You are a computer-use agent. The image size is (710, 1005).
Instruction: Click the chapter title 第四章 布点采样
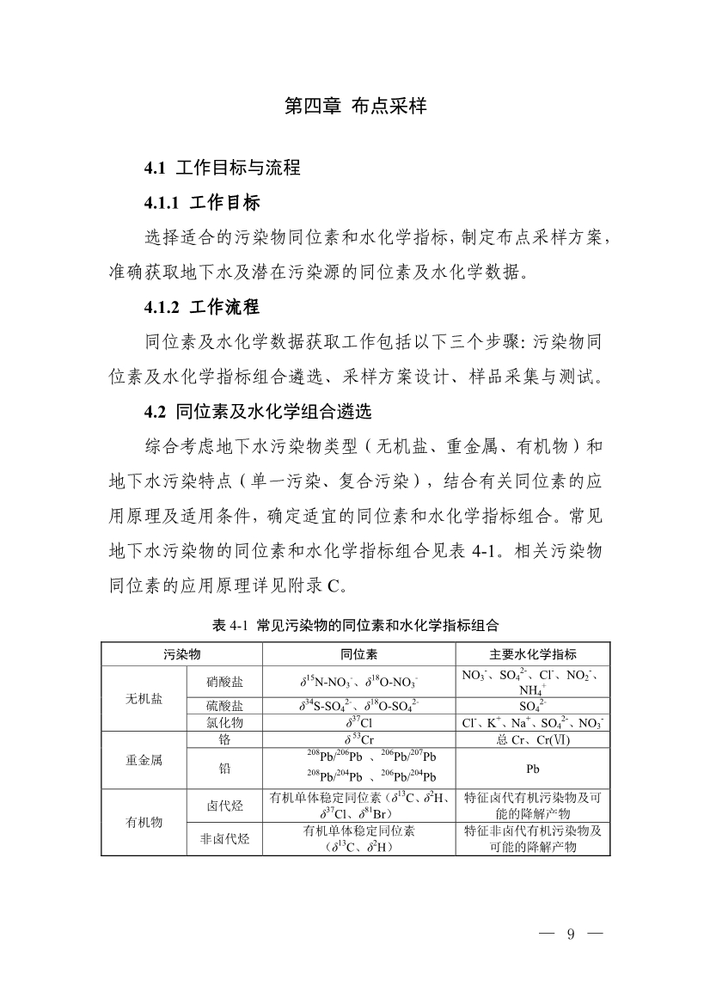click(355, 107)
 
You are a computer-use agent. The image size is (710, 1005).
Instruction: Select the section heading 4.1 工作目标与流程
click(222, 168)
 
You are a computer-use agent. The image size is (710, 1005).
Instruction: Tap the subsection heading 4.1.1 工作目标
click(202, 203)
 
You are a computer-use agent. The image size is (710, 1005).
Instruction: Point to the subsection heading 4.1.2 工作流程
click(202, 306)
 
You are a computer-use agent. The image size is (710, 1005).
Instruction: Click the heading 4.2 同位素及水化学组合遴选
click(257, 410)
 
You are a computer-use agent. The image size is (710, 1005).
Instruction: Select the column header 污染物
click(182, 654)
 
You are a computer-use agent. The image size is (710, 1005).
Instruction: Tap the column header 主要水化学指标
click(533, 654)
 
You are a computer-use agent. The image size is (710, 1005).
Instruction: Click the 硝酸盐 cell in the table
click(225, 683)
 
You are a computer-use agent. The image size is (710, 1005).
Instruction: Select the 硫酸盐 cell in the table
click(225, 707)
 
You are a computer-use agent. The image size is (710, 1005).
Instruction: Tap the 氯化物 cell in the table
click(225, 723)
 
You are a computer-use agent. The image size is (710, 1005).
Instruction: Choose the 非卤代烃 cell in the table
click(225, 839)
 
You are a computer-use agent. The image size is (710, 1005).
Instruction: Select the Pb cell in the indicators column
click(533, 769)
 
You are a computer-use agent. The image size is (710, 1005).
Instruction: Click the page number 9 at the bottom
click(570, 935)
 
